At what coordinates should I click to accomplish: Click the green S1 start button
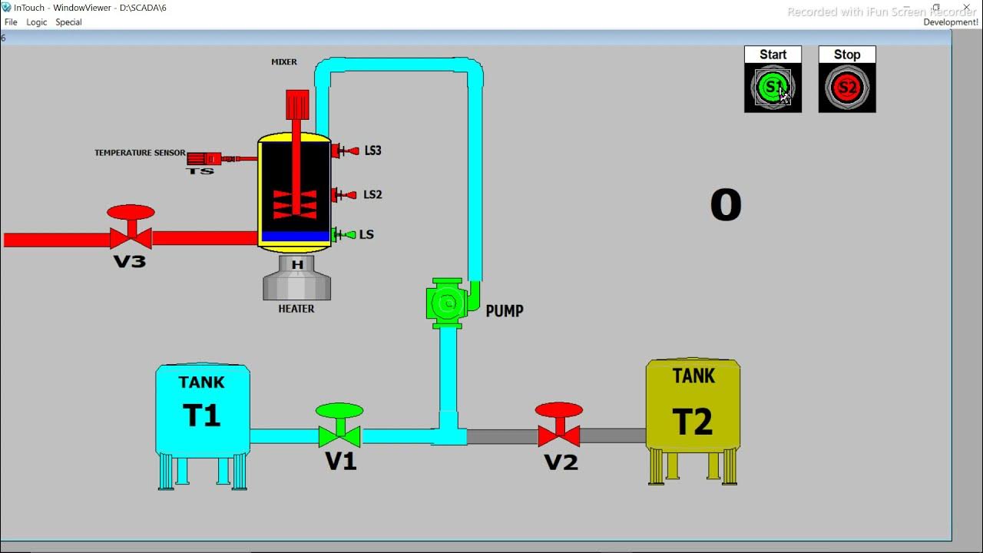click(772, 88)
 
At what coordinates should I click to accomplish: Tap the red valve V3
click(131, 230)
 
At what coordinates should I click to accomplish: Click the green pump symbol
click(447, 303)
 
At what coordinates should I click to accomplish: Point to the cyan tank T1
click(203, 411)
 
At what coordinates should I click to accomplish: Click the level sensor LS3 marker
click(345, 151)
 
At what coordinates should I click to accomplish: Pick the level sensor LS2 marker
click(345, 195)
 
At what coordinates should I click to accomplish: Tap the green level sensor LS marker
click(345, 235)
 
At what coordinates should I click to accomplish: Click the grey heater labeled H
click(296, 278)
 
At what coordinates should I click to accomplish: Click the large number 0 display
click(726, 206)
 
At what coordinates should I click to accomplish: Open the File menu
click(11, 22)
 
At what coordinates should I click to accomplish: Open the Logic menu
click(37, 22)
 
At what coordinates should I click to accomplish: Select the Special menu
click(68, 22)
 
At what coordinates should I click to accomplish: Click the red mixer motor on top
click(297, 104)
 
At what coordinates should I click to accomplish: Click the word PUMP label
click(505, 311)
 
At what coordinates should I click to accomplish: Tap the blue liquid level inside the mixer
click(295, 237)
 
